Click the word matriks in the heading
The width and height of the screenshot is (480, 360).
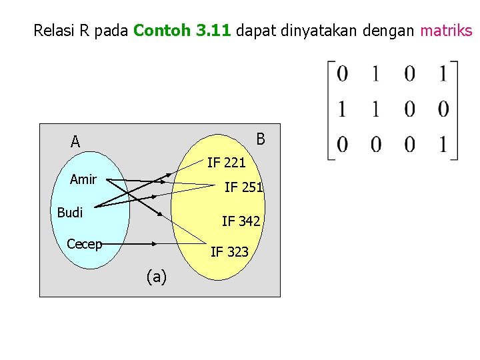click(x=446, y=31)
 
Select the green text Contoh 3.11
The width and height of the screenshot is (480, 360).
click(x=182, y=31)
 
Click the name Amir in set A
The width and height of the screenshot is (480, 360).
click(x=83, y=179)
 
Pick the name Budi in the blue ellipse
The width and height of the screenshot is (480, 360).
click(x=70, y=213)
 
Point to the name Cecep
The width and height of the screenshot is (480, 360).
click(x=85, y=244)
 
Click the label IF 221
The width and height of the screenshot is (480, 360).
click(x=226, y=162)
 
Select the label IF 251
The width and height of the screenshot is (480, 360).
click(x=243, y=187)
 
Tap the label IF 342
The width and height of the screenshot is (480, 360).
click(x=241, y=221)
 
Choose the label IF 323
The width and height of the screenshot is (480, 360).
click(x=229, y=251)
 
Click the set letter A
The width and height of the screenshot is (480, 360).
click(x=75, y=141)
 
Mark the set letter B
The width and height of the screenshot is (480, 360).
click(x=261, y=139)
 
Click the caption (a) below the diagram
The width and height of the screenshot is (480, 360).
click(x=156, y=276)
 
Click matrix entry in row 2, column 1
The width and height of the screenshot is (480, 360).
click(x=342, y=109)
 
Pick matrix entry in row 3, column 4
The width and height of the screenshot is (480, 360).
click(x=443, y=144)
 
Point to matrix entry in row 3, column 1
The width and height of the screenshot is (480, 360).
click(x=342, y=144)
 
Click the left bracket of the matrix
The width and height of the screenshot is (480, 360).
click(x=330, y=110)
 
